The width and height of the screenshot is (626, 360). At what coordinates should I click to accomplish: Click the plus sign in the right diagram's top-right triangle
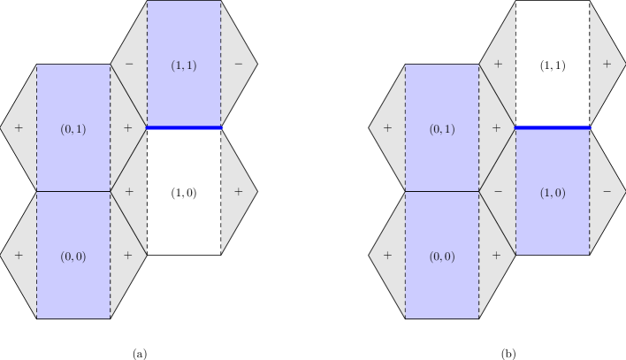[607, 65]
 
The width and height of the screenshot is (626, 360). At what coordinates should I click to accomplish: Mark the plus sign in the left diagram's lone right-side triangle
[238, 191]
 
